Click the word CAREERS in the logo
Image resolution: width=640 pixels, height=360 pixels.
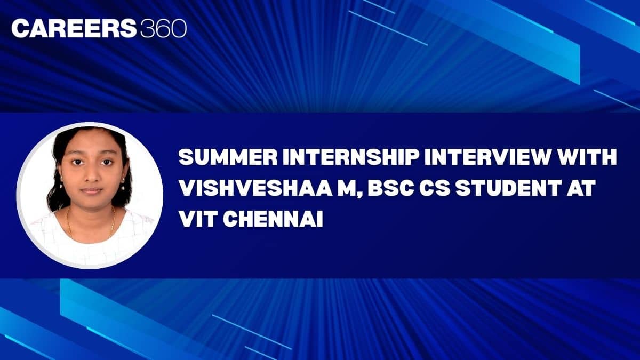[74, 28]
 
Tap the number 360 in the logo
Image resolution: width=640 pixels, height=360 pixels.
[164, 28]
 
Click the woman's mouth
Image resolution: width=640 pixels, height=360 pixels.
[91, 190]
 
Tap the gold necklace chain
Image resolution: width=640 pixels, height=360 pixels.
[91, 226]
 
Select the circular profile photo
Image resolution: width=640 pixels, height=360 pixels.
[90, 195]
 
